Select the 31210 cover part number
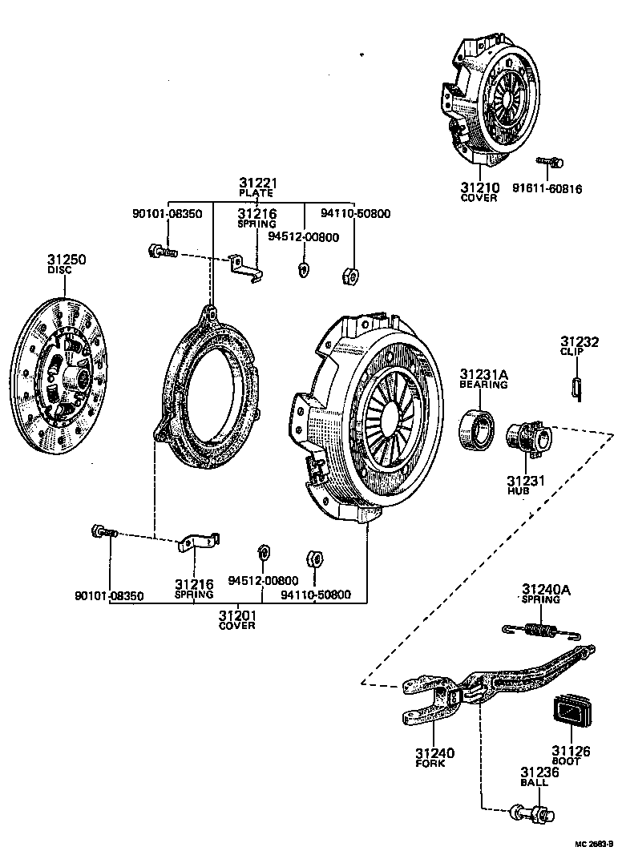point(479,188)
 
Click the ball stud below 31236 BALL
point(531,814)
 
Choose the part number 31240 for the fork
point(435,753)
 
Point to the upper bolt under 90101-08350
point(160,252)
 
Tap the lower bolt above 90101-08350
point(105,532)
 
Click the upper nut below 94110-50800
point(349,276)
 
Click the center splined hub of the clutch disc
point(77,377)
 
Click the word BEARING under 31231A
point(483,385)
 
